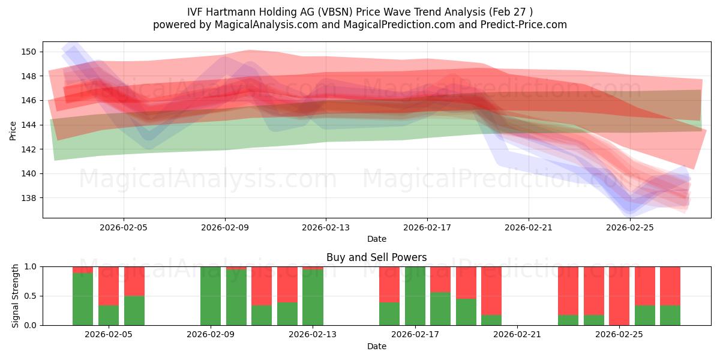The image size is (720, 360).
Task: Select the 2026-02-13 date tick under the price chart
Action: (326, 227)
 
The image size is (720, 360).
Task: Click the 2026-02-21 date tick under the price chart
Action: (529, 227)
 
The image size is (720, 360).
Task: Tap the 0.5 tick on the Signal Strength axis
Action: (31, 296)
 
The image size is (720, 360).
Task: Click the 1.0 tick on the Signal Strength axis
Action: (31, 266)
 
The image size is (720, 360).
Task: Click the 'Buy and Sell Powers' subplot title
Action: (376, 257)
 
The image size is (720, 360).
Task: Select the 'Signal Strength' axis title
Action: (15, 296)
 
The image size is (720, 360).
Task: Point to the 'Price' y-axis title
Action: (13, 130)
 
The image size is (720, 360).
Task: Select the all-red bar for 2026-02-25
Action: (619, 296)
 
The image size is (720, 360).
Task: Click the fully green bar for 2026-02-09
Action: (211, 296)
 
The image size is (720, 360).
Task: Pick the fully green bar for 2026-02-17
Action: (415, 296)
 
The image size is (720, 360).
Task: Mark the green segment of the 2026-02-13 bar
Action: (313, 298)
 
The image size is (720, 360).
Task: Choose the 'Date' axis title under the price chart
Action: (376, 239)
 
